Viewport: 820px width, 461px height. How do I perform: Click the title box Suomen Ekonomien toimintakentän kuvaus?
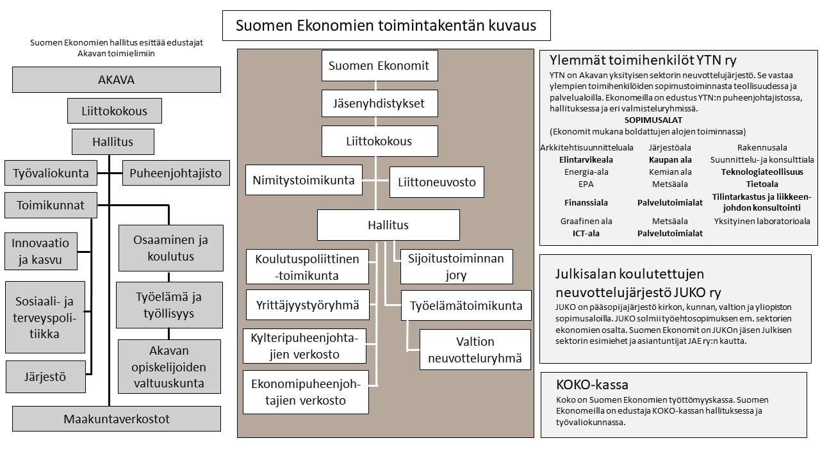(x=386, y=26)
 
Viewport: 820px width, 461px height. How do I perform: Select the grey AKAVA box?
(x=117, y=80)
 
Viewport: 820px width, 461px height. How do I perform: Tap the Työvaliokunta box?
(x=51, y=173)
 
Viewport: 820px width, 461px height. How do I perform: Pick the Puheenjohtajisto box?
(x=176, y=173)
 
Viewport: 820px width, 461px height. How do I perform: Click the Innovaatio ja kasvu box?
(x=40, y=252)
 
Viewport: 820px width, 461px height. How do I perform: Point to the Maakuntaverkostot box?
(x=117, y=419)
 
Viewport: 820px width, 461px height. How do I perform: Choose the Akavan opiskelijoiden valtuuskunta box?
(x=169, y=367)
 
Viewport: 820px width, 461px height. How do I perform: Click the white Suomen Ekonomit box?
(x=380, y=66)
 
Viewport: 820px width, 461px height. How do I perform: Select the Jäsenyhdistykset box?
(x=380, y=104)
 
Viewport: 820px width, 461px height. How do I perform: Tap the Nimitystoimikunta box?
(x=304, y=180)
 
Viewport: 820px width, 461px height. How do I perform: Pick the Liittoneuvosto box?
(x=437, y=182)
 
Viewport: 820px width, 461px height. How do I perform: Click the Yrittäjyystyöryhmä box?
(x=307, y=305)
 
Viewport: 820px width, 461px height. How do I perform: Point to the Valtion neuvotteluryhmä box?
(x=475, y=350)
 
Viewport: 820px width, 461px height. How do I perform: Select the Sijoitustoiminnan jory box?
(x=457, y=267)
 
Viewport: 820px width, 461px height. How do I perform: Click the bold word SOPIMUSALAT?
(x=653, y=120)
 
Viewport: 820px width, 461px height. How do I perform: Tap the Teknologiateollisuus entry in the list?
(x=762, y=172)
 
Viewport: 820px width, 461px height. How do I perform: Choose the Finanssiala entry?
(x=586, y=203)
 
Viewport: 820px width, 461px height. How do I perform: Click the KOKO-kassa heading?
(x=593, y=385)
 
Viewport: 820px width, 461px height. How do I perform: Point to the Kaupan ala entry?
(x=670, y=160)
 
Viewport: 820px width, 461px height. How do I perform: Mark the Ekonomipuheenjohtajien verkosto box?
(x=306, y=392)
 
